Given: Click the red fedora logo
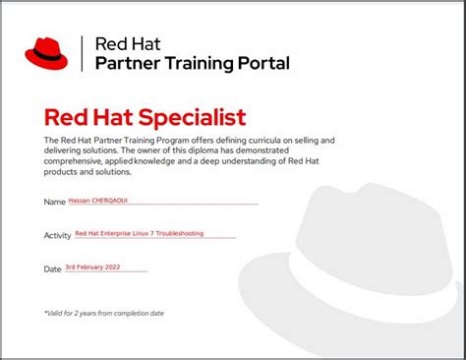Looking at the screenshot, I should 46,53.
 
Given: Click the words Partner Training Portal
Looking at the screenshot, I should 192,64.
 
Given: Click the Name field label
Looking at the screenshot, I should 54,203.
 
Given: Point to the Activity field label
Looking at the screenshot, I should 57,235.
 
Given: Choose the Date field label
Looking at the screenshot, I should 53,269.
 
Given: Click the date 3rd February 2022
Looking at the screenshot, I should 91,267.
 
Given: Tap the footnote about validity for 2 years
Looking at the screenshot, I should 103,313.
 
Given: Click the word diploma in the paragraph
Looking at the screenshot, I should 240,150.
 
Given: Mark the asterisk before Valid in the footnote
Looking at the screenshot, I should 45,313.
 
